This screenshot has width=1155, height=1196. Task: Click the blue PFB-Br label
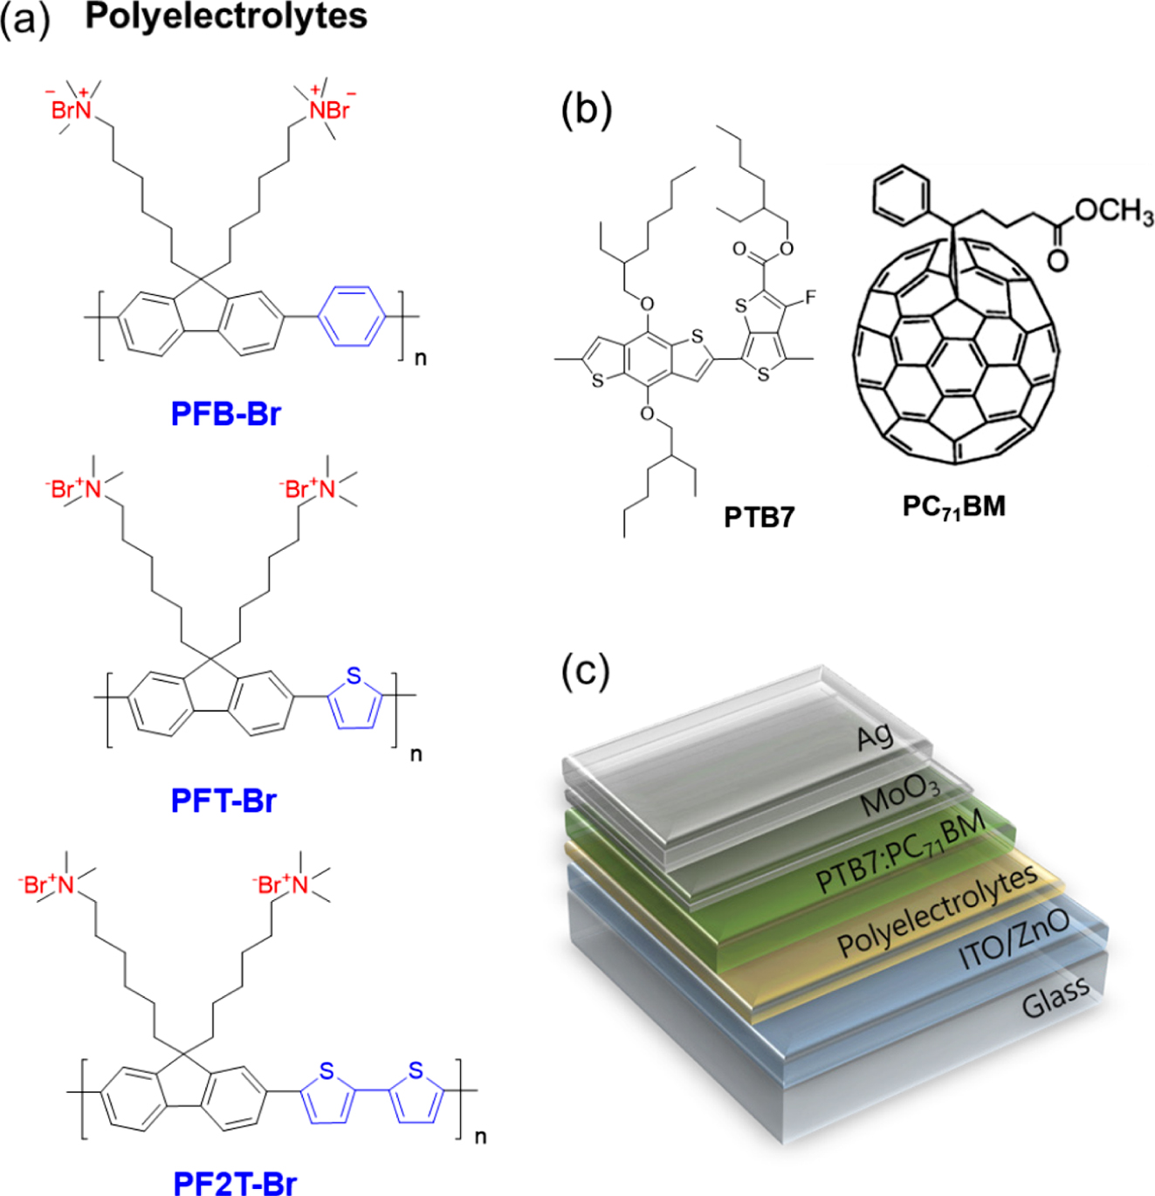[x=225, y=413]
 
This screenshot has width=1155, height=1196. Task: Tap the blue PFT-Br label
[x=223, y=800]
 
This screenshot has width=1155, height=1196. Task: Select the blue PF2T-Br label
[x=235, y=1183]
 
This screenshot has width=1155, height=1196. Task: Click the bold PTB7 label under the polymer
[x=759, y=518]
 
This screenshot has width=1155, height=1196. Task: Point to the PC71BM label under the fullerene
[x=953, y=506]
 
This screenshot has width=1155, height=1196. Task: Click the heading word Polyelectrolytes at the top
[x=226, y=17]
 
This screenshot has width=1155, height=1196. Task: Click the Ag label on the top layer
[x=875, y=738]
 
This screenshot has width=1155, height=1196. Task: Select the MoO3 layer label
[x=900, y=794]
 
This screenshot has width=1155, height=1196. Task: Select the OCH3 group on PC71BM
[x=1113, y=211]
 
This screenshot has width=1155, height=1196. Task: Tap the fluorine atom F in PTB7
[x=810, y=299]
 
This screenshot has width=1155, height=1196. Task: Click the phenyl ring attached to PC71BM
[x=897, y=194]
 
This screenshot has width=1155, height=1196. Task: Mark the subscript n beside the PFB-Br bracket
[x=421, y=358]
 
